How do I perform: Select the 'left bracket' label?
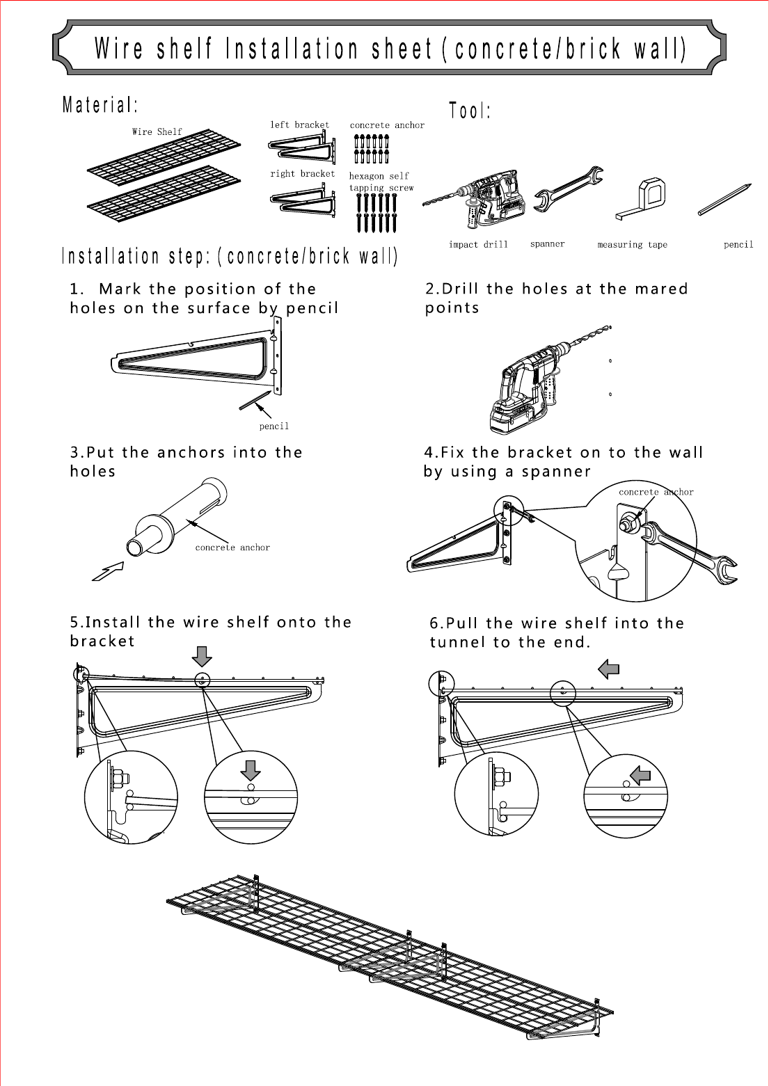(x=299, y=125)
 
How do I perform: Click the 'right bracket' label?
(x=302, y=174)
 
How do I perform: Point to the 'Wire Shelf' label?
(x=157, y=131)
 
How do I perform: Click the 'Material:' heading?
(x=100, y=106)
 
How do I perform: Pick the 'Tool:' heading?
(x=470, y=111)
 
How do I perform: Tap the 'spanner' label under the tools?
(x=547, y=244)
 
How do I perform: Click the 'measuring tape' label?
(x=632, y=245)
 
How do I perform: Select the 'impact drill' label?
(x=478, y=245)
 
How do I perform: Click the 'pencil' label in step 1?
(x=273, y=426)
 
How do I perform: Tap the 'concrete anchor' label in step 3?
(x=232, y=548)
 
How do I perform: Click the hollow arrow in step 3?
(x=109, y=571)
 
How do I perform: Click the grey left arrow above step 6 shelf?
(x=609, y=670)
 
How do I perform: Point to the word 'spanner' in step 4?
(x=556, y=472)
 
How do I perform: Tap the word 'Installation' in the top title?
(x=292, y=49)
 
